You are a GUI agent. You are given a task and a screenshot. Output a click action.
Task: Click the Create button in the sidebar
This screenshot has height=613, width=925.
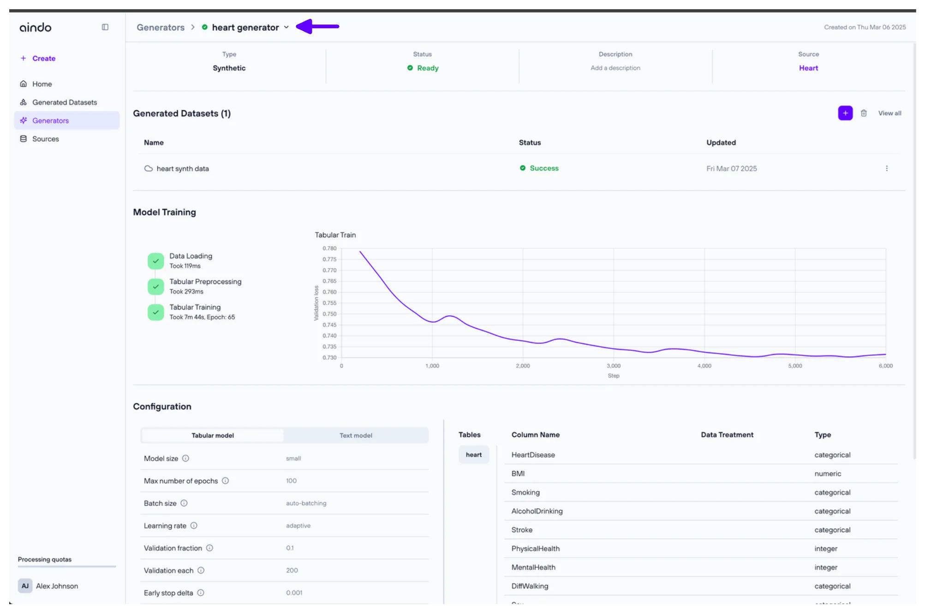point(39,58)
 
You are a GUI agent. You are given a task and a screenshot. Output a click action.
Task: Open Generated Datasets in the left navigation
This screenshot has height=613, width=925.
point(64,102)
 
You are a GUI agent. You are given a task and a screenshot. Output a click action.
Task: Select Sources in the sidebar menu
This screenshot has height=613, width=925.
point(45,139)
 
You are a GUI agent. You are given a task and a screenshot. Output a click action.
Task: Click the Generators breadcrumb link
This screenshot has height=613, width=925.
point(160,27)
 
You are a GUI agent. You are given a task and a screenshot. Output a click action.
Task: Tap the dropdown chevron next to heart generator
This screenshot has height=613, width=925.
point(286,27)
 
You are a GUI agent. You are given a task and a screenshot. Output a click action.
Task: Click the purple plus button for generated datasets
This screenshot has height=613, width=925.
point(845,113)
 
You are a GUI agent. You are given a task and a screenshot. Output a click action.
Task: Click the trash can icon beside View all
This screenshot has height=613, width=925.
point(864,113)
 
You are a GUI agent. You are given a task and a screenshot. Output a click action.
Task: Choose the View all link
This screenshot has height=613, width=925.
point(889,113)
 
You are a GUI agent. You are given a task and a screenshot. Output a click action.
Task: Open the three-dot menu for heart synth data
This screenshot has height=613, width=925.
point(886,168)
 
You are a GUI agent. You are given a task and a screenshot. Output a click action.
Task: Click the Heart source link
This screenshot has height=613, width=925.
point(808,68)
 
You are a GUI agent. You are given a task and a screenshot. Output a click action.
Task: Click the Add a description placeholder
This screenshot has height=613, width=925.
point(615,68)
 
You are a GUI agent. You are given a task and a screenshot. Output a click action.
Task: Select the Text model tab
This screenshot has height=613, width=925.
point(356,435)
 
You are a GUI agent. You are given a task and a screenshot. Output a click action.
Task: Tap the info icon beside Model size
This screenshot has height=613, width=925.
point(185,458)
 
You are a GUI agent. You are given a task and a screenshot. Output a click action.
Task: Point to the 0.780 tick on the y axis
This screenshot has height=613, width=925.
point(329,248)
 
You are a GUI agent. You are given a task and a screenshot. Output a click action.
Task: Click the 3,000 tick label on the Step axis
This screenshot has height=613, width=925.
point(613,366)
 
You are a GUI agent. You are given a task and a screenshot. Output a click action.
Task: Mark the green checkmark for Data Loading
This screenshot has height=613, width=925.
point(156,261)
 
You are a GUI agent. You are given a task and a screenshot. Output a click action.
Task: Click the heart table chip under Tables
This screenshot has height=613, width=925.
point(473,455)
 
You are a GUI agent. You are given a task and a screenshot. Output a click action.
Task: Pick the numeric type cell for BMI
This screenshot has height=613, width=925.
point(828,474)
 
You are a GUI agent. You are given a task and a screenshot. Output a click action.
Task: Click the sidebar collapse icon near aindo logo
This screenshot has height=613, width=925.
point(105,27)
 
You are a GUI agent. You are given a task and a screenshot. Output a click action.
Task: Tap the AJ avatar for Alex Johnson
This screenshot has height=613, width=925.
point(25,586)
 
